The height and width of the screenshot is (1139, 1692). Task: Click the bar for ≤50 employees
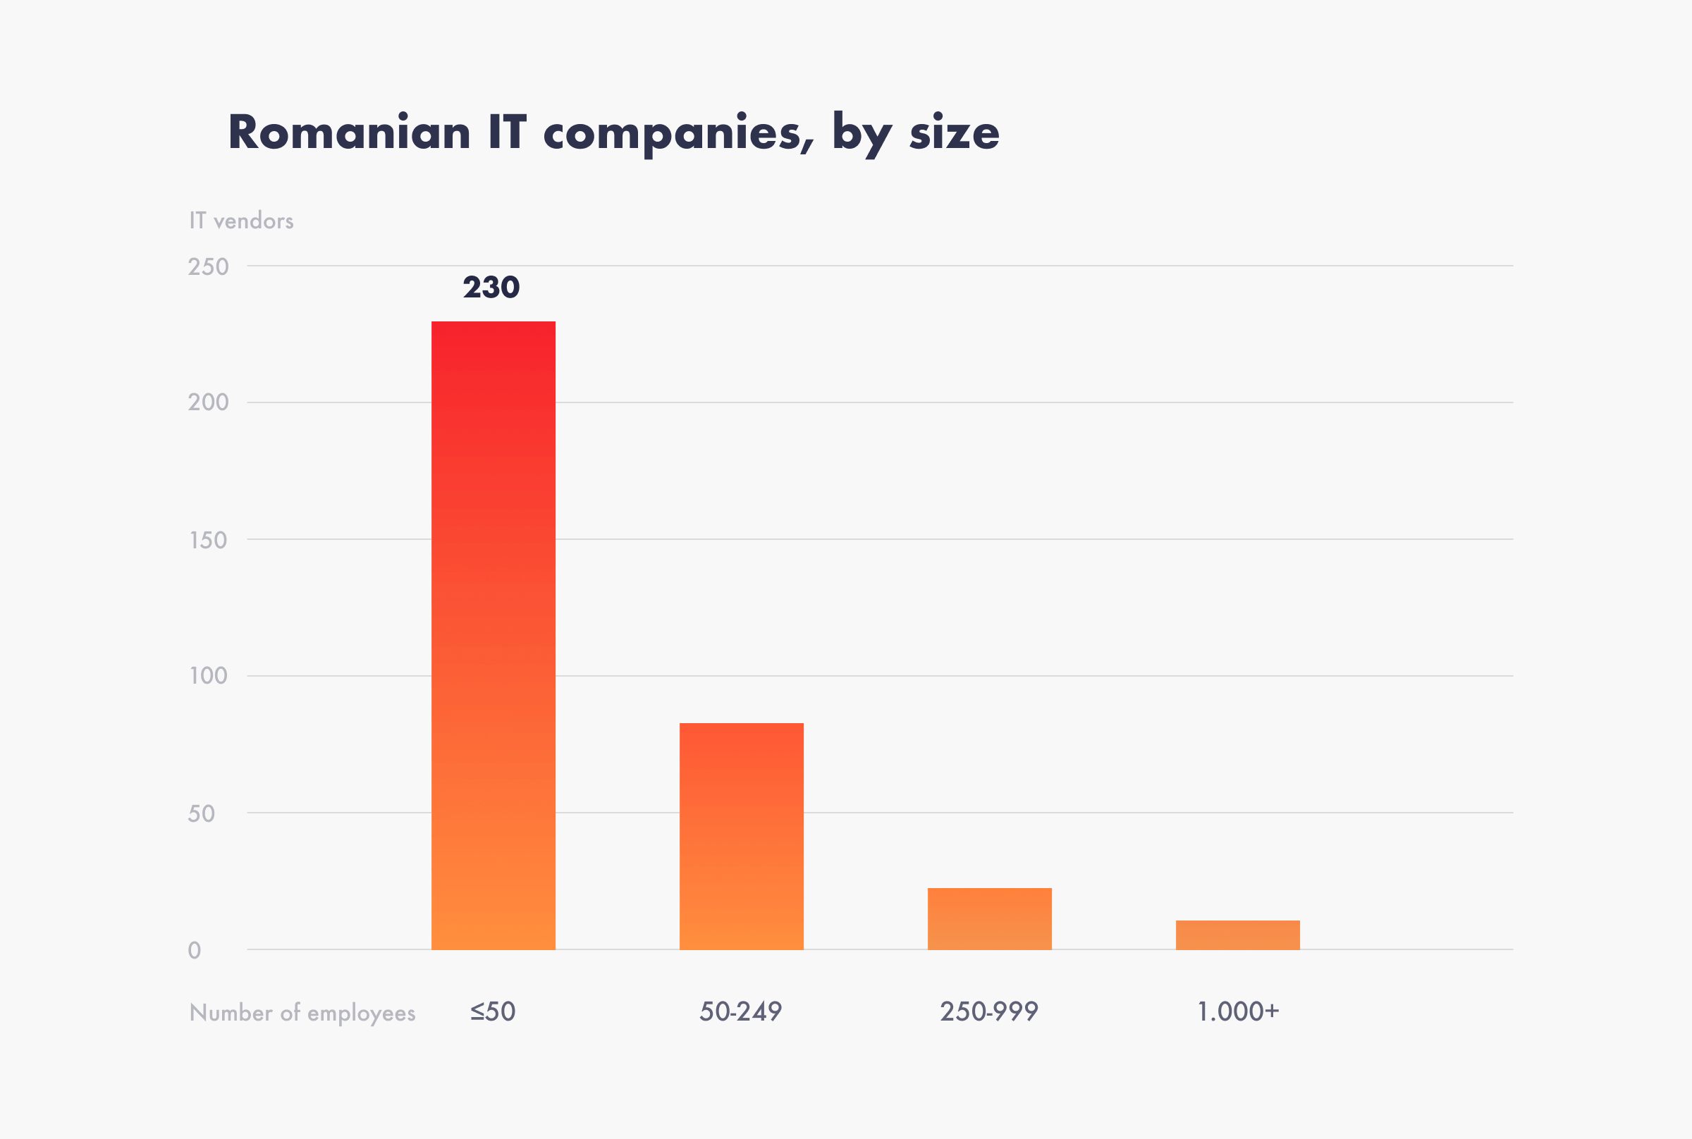[x=493, y=635]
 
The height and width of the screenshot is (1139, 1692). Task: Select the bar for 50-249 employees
[x=741, y=836]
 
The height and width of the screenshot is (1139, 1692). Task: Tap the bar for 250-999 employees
[x=990, y=918]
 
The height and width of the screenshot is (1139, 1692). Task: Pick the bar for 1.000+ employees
[x=1237, y=935]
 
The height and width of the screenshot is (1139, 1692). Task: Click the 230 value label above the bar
[x=491, y=288]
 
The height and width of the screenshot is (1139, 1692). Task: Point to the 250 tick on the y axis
[x=209, y=266]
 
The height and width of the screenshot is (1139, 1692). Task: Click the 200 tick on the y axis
[x=209, y=402]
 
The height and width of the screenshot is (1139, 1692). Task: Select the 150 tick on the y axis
[x=209, y=540]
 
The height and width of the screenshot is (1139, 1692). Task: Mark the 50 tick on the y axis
[x=201, y=813]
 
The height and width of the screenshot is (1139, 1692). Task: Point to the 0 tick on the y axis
[x=195, y=950]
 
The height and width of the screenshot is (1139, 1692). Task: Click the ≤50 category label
[x=493, y=1011]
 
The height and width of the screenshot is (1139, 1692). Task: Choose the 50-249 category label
[x=740, y=1011]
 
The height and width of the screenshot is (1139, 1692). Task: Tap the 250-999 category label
[x=988, y=1011]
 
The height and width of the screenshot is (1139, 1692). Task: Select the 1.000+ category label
[x=1237, y=1011]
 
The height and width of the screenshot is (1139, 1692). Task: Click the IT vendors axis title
[x=241, y=221]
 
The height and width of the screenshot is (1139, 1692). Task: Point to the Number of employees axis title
[x=302, y=1013]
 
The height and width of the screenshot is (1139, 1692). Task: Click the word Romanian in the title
[x=350, y=133]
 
